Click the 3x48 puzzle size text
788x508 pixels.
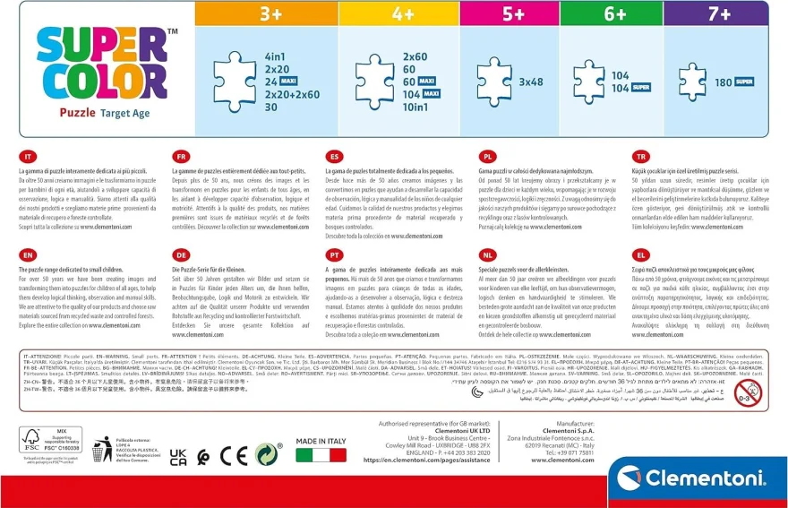pyautogui.click(x=532, y=82)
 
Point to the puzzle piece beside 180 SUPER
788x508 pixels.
pyautogui.click(x=691, y=82)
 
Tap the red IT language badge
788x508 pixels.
pyautogui.click(x=29, y=155)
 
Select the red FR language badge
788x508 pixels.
pyautogui.click(x=181, y=155)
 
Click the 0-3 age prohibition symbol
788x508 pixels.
pyautogui.click(x=747, y=392)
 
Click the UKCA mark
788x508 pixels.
pyautogui.click(x=178, y=456)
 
